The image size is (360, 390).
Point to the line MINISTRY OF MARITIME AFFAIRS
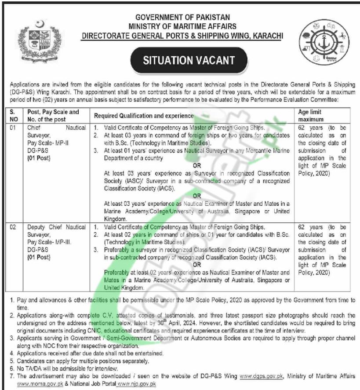tap(183, 26)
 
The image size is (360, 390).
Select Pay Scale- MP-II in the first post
tap(46, 143)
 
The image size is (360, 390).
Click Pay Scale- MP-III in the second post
tap(47, 242)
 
